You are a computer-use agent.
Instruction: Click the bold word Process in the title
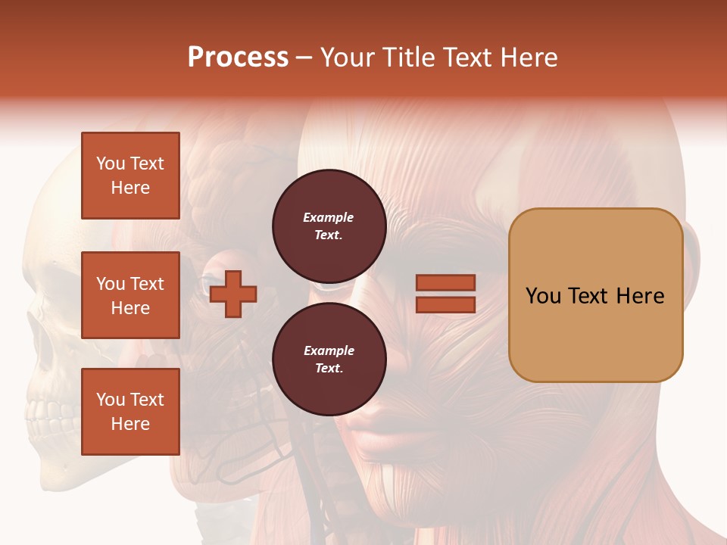point(238,58)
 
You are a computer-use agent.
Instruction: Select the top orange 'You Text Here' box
point(130,176)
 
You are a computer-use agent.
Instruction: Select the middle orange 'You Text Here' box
point(130,295)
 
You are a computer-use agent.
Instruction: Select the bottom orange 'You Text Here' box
point(130,412)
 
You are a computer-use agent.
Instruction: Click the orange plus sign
point(233,294)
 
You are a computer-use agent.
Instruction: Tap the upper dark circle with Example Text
point(329,226)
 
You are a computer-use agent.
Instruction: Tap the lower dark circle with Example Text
point(329,360)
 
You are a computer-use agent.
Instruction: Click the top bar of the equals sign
point(445,282)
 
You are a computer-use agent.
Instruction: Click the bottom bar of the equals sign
point(445,304)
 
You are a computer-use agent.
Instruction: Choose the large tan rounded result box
point(595,295)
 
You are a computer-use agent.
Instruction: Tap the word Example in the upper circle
point(329,217)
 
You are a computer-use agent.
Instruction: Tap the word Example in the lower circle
point(329,350)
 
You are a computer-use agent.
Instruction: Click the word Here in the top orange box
point(130,188)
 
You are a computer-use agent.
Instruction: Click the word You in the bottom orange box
point(111,400)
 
